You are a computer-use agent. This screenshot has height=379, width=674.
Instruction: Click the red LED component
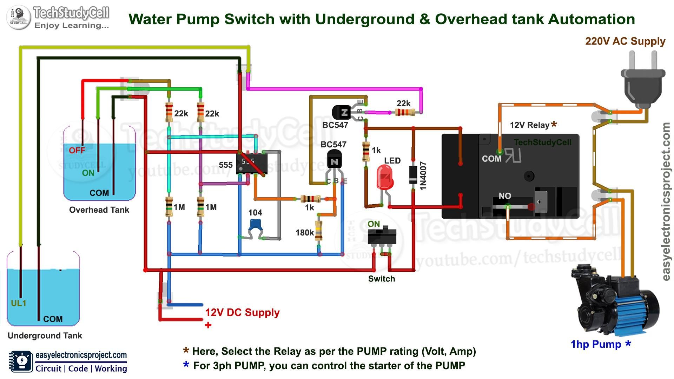[x=385, y=177]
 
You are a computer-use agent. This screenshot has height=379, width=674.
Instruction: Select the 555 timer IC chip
[x=251, y=164]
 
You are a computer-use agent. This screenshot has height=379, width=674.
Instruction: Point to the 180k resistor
[x=318, y=230]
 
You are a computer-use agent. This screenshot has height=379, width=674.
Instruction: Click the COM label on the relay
[x=491, y=159]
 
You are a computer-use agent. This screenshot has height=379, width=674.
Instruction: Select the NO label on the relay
[x=505, y=196]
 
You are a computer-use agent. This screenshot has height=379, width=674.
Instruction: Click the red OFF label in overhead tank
[x=77, y=151]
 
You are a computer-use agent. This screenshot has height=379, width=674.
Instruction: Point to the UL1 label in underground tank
[x=19, y=303]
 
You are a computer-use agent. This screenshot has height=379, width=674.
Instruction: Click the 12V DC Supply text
[x=242, y=312]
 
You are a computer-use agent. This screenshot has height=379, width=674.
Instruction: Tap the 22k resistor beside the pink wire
[x=405, y=112]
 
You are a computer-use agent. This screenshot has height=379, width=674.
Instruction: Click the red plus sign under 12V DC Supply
[x=208, y=325]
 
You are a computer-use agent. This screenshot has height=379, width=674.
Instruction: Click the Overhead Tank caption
[x=99, y=210]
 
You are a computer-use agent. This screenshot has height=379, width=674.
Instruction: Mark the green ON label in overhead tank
[x=88, y=173]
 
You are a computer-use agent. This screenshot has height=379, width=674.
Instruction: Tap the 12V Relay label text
[x=529, y=125]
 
